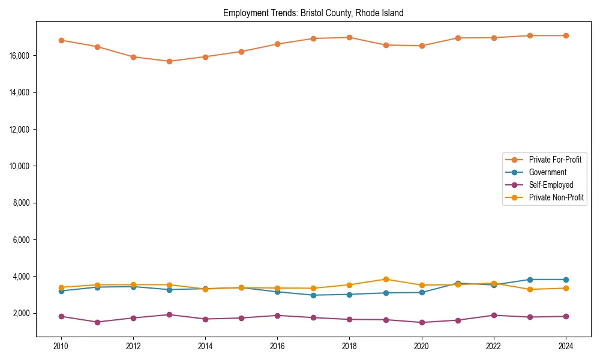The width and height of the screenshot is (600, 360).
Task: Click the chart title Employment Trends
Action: pyautogui.click(x=313, y=13)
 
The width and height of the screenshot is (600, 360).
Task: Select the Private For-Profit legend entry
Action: pyautogui.click(x=555, y=160)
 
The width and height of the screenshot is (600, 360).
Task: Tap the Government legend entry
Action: pyautogui.click(x=547, y=172)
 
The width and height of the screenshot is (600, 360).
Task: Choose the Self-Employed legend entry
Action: pyautogui.click(x=551, y=185)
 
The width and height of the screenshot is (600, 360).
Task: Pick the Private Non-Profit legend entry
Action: pyautogui.click(x=556, y=197)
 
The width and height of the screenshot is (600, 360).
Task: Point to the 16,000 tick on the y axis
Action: pyautogui.click(x=20, y=56)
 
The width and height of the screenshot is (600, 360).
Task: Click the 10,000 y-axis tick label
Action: pyautogui.click(x=20, y=166)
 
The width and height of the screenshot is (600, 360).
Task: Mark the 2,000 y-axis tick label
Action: pyautogui.click(x=22, y=313)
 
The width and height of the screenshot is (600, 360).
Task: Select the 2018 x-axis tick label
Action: pyautogui.click(x=350, y=346)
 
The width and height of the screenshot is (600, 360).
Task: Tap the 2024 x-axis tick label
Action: pyautogui.click(x=566, y=346)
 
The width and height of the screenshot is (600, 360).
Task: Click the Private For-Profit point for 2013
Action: pyautogui.click(x=169, y=61)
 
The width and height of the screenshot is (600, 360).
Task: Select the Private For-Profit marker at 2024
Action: pyautogui.click(x=566, y=35)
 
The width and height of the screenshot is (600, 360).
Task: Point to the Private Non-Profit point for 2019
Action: pyautogui.click(x=386, y=279)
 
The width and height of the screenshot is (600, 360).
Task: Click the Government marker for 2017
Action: pyautogui.click(x=314, y=295)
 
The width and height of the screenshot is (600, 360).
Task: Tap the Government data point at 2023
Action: pyautogui.click(x=530, y=280)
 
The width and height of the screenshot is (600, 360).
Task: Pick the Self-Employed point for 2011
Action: pyautogui.click(x=97, y=322)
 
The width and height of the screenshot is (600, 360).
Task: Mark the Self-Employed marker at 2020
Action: pyautogui.click(x=422, y=322)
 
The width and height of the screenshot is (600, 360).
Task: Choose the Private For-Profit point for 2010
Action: pyautogui.click(x=61, y=40)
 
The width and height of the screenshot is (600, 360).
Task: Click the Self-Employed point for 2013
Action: pyautogui.click(x=169, y=314)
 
